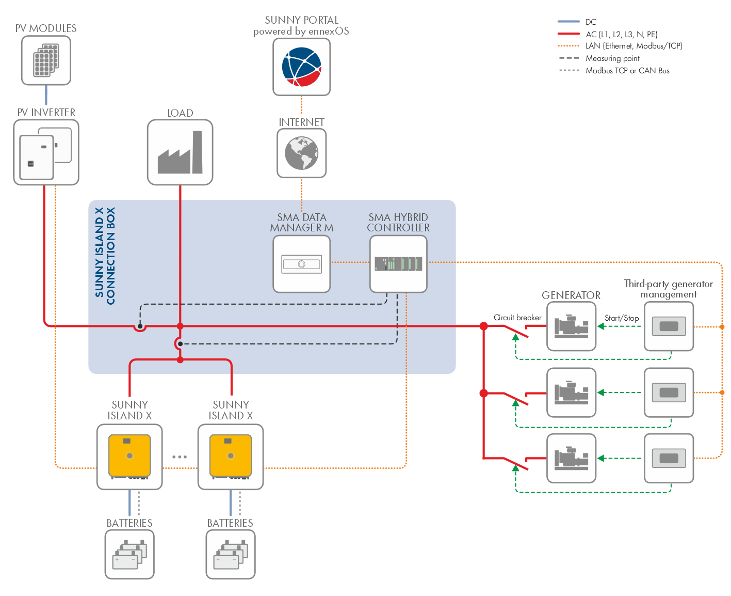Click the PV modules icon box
point(46,60)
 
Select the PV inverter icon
point(46,152)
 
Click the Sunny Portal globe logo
point(302,67)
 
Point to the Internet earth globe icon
point(302,153)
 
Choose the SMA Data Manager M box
point(302,264)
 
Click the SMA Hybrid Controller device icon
point(398,264)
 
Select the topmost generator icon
point(571,326)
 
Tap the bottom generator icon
point(571,458)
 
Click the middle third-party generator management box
point(669,393)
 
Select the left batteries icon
point(129,554)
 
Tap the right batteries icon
point(231,554)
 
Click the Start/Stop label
point(622,318)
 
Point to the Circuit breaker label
point(517,318)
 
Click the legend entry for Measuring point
point(612,58)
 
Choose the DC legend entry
point(591,22)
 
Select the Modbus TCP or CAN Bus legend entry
point(627,71)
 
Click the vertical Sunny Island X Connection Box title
point(105,256)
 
